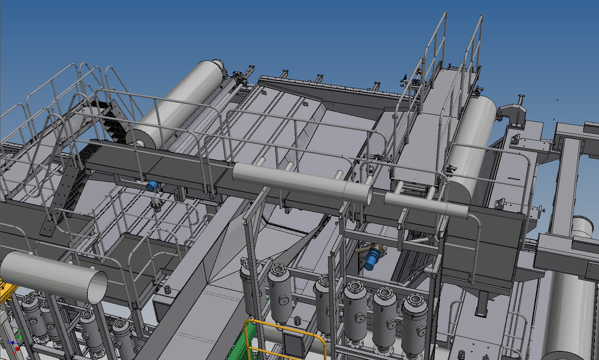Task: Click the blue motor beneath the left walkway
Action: click(152, 186)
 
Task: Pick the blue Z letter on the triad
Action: click(8, 342)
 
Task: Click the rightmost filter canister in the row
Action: click(414, 319)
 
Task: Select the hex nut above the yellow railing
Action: click(297, 320)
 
